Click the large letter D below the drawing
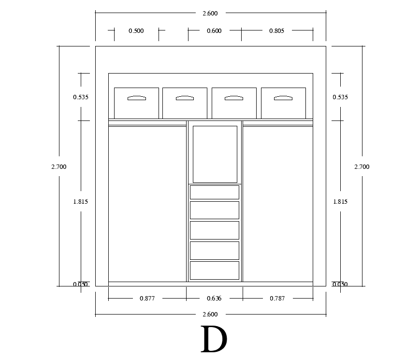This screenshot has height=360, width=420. coord(213,340)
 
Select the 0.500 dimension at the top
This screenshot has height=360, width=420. coord(136,31)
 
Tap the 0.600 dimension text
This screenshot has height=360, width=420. coord(214,31)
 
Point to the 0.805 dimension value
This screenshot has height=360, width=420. coord(276,31)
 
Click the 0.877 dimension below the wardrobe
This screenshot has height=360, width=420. coord(147,299)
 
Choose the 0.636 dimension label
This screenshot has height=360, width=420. coord(214,299)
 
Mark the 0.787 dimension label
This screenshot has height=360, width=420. coord(277,299)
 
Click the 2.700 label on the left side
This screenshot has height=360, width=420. coord(58,167)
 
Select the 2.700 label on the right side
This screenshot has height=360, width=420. coord(362,167)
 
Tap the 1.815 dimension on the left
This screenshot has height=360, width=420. coord(81,202)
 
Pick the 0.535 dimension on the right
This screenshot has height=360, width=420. coord(340,97)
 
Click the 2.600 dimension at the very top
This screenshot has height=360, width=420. coord(210,14)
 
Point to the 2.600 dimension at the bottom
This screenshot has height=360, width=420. coord(210,315)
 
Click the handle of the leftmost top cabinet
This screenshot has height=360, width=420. coord(136,98)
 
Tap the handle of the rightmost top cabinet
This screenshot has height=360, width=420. coord(283,98)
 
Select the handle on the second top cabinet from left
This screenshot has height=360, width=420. coord(185,98)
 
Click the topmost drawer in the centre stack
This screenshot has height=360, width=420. coord(215,192)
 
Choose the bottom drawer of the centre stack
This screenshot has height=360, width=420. coord(215,270)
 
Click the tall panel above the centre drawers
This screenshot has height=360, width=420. coord(215,154)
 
